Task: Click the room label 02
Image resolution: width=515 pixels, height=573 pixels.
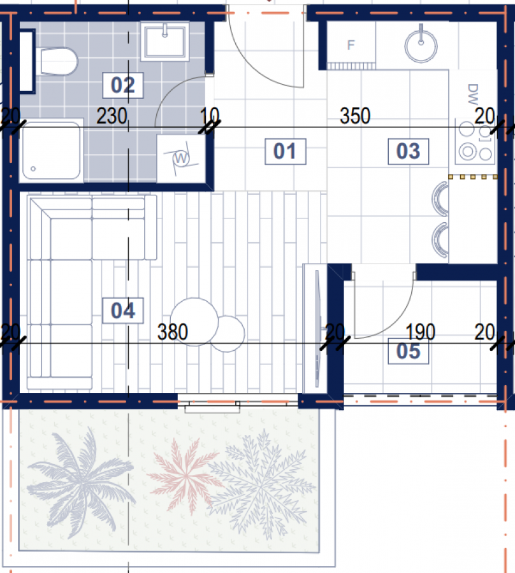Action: click(123, 85)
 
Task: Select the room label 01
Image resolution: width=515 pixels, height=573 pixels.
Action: click(286, 152)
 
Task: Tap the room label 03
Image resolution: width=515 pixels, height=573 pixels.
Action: click(408, 152)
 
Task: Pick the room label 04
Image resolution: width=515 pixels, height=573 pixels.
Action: click(123, 311)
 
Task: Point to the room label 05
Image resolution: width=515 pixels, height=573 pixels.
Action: click(408, 351)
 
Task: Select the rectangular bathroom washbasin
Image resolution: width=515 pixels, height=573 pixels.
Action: click(165, 41)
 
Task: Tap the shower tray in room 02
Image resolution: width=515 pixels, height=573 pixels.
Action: click(51, 150)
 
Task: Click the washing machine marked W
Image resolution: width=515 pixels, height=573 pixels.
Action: click(181, 159)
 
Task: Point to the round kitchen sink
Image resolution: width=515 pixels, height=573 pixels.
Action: click(421, 46)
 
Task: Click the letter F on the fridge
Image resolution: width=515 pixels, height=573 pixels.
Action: click(351, 45)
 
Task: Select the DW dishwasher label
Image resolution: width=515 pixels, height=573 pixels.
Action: click(473, 94)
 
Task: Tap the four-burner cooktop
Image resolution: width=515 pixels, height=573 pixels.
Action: click(475, 141)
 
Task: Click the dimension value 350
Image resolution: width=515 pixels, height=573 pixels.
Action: click(355, 116)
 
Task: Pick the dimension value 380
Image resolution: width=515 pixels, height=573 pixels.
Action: click(173, 332)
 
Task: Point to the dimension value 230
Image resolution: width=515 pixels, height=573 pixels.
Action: click(112, 116)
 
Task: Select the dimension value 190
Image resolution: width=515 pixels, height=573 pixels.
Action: click(420, 332)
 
